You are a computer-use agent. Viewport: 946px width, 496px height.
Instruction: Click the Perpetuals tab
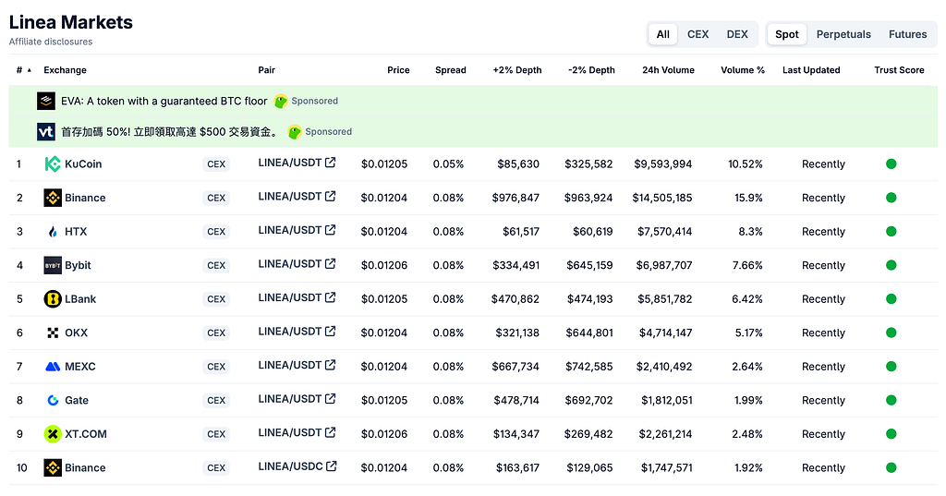point(843,34)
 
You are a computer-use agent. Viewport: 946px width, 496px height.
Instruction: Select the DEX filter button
point(737,34)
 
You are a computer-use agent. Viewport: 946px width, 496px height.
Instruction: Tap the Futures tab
point(907,34)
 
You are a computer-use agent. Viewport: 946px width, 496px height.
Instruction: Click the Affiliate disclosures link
point(51,42)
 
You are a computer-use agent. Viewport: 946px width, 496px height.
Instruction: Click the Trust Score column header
point(899,70)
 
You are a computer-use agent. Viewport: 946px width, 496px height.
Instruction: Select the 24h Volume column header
point(668,70)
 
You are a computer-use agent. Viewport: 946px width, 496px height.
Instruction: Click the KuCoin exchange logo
point(53,164)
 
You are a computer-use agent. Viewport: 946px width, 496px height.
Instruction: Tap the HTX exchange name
point(76,232)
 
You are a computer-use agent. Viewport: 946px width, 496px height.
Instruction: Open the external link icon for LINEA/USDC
point(332,466)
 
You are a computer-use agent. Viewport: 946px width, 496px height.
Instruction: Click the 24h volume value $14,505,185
point(661,198)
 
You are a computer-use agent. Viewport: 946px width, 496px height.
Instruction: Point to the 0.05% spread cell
point(448,164)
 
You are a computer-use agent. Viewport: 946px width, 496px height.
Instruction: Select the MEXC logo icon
point(53,367)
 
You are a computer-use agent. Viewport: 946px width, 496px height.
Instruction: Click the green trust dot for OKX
point(891,333)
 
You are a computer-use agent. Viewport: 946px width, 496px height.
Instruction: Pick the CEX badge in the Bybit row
point(216,265)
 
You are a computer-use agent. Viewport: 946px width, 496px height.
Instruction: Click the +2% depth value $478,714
point(516,400)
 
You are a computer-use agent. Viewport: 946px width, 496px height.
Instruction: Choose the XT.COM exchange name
point(86,434)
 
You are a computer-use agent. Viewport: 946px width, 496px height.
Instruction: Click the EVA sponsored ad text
point(164,101)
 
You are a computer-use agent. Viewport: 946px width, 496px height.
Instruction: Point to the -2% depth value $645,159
point(589,265)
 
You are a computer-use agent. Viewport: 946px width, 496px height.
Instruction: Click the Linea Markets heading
point(70,22)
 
